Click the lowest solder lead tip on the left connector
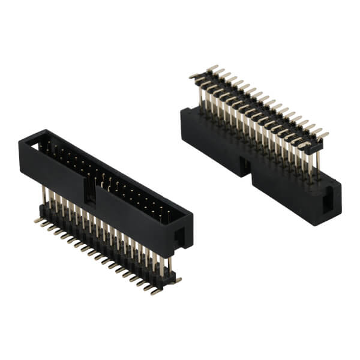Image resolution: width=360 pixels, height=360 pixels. (x=155, y=293)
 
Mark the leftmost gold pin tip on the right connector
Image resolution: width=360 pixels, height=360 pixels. (x=191, y=77)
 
